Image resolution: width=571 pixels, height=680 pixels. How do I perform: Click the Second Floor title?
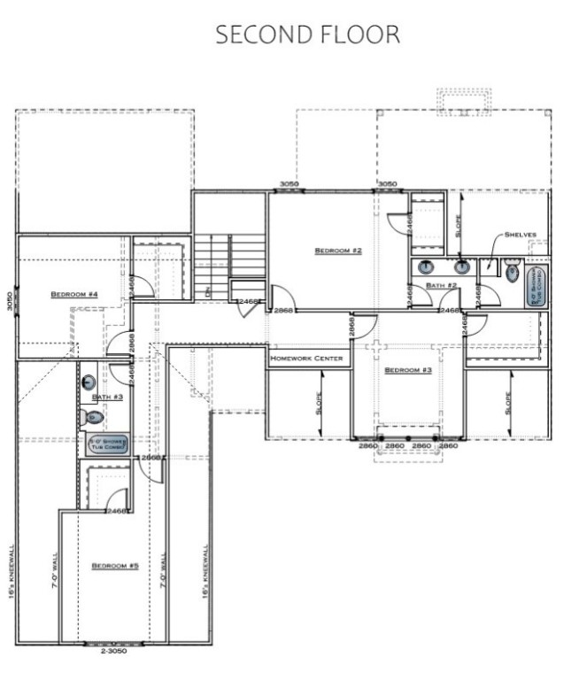[307, 35]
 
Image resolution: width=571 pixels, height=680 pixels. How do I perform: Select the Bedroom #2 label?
[338, 251]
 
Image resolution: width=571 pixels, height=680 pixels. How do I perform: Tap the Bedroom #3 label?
[407, 369]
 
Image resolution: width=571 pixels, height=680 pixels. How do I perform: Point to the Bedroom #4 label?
[73, 294]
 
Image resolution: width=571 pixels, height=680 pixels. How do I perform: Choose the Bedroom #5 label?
[115, 564]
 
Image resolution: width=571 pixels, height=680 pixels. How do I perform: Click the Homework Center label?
[307, 359]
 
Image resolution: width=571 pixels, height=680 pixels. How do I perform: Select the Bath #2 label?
[440, 285]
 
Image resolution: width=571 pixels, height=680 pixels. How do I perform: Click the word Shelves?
[521, 235]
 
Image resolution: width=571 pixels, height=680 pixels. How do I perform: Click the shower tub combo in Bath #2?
[536, 286]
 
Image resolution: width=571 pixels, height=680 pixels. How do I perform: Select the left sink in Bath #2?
[426, 267]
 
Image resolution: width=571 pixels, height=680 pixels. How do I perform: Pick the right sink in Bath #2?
[461, 267]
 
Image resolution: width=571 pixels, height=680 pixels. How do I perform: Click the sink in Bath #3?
[89, 382]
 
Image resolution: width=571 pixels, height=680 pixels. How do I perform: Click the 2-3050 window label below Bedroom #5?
[112, 652]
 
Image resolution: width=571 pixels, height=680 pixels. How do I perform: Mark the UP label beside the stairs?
[207, 290]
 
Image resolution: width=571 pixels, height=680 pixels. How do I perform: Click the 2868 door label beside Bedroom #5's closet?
[151, 458]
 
